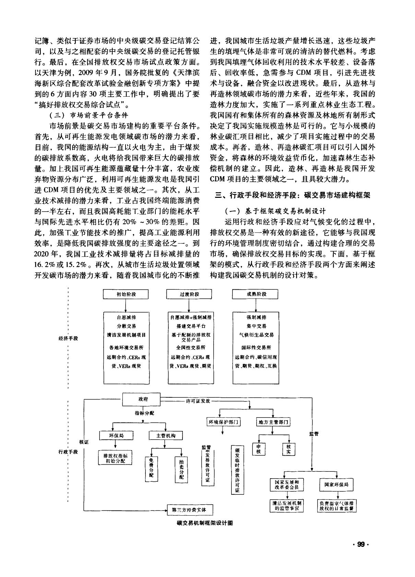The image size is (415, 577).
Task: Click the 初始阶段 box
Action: pos(126,294)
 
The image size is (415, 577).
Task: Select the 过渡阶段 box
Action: pos(189,294)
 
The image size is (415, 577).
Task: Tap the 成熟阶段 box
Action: pos(255,294)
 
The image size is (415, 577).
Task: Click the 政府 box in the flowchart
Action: pos(141,399)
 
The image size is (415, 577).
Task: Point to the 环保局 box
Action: pos(117,436)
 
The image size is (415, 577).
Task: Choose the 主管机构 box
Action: pos(166,436)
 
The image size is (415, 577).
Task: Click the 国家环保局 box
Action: pos(336,484)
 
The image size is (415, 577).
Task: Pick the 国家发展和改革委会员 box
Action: pos(287,484)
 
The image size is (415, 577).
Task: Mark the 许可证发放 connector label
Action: pos(198,401)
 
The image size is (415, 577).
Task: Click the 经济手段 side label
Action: pos(68,338)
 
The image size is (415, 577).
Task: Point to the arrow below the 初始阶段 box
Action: pos(126,305)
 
